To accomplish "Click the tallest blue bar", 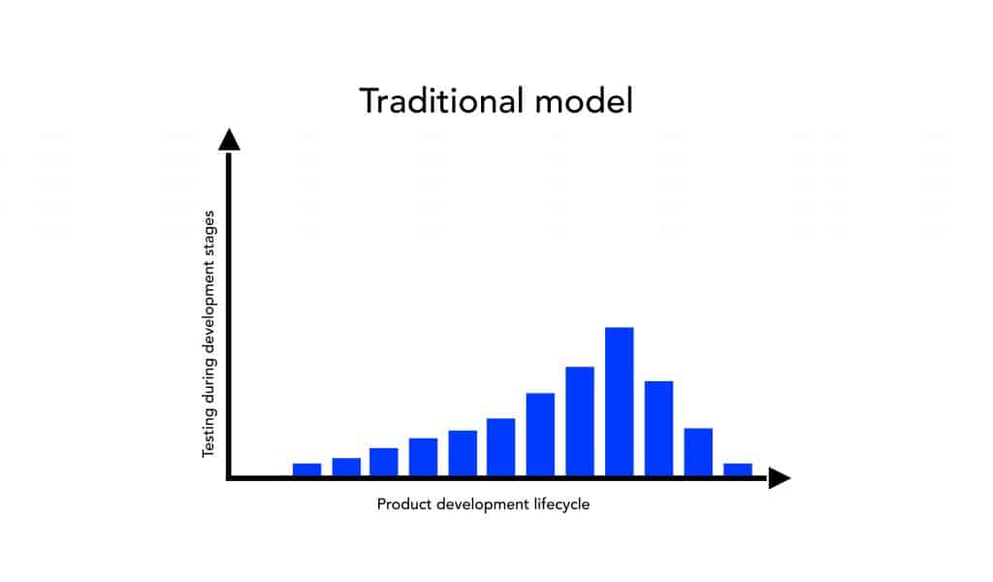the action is point(619,402).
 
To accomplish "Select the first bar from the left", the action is point(306,469).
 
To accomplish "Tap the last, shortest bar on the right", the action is point(738,469).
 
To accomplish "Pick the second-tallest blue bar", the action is point(580,421).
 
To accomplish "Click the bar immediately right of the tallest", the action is point(658,429).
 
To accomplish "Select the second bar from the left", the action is point(346,467).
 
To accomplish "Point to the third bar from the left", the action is point(384,462).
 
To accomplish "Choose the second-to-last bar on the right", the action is point(698,452).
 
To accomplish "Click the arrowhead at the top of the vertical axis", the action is point(229,140).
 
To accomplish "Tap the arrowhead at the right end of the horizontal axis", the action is point(780,477).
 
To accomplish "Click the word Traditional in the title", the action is point(441,101).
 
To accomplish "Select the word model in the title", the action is point(583,101).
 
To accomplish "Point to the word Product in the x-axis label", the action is point(404,504).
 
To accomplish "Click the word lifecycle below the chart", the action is point(561,504).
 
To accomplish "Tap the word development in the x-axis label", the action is point(483,504).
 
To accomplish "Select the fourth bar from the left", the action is point(423,457).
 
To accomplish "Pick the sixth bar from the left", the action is point(501,447).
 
